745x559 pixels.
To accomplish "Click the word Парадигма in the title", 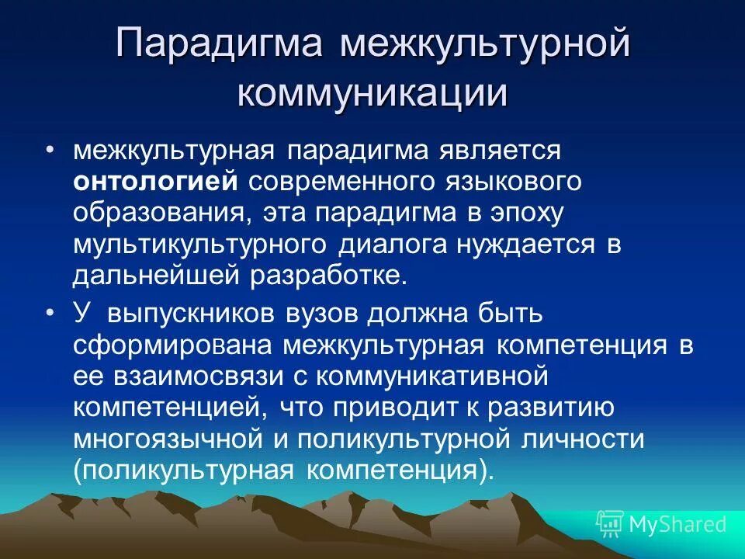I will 219,45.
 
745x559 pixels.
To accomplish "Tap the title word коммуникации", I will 372,94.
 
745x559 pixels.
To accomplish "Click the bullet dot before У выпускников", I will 51,314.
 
